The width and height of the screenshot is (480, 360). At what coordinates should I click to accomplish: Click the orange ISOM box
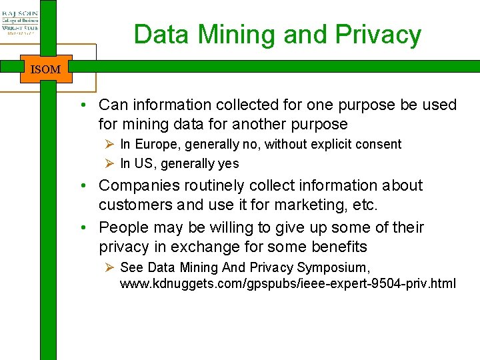46,69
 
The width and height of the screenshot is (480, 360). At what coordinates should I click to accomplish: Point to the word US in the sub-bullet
141,163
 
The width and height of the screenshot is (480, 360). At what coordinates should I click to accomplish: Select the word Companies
138,185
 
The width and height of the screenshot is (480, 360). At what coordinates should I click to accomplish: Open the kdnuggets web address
288,283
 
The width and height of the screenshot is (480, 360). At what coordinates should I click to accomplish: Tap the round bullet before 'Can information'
87,105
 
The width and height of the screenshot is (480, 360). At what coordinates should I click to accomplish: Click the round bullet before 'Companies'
87,186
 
